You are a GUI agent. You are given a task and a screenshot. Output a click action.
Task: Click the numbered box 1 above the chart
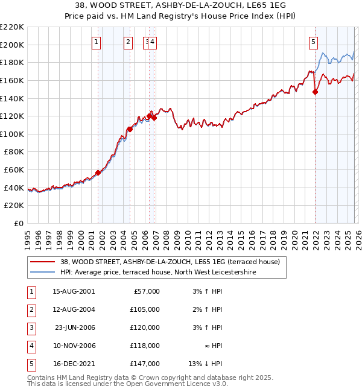[x=97, y=42]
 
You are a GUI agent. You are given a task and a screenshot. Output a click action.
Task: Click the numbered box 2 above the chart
[x=129, y=42]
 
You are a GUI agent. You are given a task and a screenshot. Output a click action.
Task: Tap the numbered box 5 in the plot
[x=314, y=42]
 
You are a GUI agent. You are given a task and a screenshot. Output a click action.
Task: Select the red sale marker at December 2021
[x=315, y=92]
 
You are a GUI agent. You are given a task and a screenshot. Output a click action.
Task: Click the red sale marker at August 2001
[x=98, y=172]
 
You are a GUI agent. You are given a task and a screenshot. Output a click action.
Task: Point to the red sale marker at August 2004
[x=130, y=129]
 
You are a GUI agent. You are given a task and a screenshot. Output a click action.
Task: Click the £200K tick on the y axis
[x=12, y=45]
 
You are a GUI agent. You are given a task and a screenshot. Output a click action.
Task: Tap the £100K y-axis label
[x=12, y=134]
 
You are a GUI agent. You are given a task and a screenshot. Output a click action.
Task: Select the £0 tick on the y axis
[x=17, y=223]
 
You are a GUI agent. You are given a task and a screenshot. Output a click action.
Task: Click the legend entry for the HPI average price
[x=158, y=273]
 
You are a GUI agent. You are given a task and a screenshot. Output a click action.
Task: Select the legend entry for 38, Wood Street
[x=170, y=262]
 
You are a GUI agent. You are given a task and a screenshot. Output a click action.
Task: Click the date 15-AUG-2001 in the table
[x=74, y=291]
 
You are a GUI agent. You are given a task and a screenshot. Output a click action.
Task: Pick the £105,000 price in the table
[x=144, y=309]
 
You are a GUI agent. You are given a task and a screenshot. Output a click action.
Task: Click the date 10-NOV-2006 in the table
[x=74, y=346]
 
